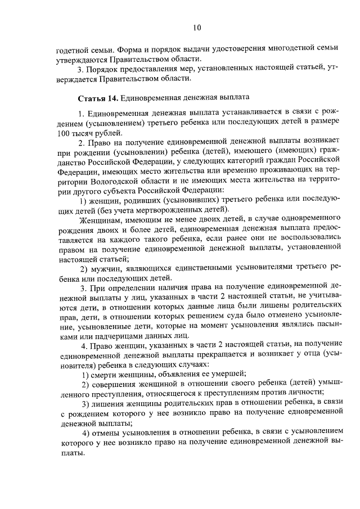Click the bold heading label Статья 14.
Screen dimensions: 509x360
98,98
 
